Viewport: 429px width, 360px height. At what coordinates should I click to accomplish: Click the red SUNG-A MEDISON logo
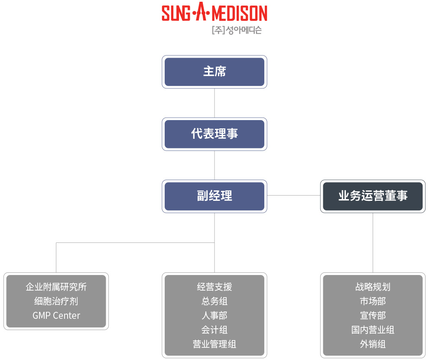click(x=214, y=12)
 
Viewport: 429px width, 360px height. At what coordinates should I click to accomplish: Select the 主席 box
click(x=214, y=72)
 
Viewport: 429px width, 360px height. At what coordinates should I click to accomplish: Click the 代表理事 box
click(x=214, y=134)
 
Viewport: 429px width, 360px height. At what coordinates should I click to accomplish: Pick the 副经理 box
click(x=214, y=196)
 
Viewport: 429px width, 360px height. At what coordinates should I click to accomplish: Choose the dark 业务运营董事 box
click(x=373, y=196)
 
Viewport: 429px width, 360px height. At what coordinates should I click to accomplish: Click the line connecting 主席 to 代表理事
click(x=214, y=103)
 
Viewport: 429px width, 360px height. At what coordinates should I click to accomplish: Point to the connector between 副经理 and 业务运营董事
click(x=293, y=196)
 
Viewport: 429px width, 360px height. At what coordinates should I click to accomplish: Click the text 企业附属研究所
click(x=56, y=287)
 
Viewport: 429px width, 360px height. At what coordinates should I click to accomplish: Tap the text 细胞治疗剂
click(x=56, y=301)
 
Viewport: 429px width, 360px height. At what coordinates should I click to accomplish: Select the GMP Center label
click(x=56, y=316)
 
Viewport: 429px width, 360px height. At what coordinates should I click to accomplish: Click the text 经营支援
click(x=214, y=287)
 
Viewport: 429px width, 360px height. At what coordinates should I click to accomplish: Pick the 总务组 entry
click(x=214, y=301)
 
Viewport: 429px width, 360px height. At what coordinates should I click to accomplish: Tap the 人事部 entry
click(x=214, y=316)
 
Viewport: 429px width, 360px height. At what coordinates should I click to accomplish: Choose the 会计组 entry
click(x=214, y=330)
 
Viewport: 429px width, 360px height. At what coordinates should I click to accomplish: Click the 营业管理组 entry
click(x=214, y=344)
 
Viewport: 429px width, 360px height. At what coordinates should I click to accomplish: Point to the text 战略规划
click(x=373, y=287)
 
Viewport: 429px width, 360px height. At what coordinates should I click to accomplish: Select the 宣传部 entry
click(x=373, y=316)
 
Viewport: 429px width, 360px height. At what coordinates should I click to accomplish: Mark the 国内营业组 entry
click(x=373, y=330)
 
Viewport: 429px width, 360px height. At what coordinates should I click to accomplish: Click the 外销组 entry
click(x=373, y=344)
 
